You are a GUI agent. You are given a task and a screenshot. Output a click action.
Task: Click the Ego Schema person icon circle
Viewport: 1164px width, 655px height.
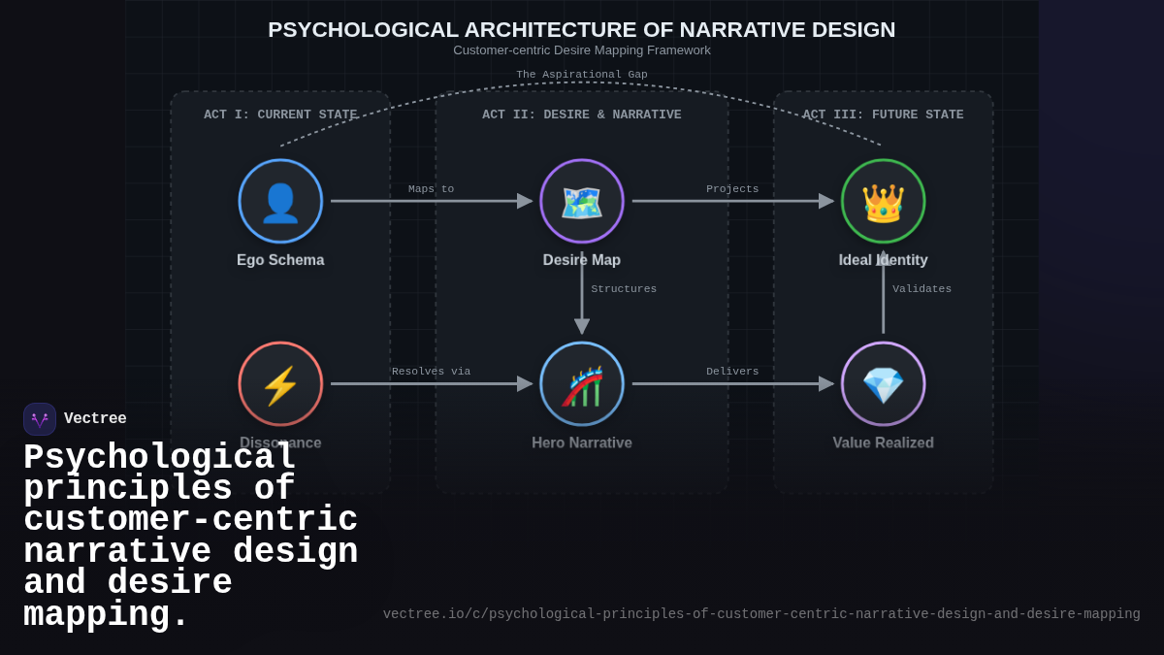280,201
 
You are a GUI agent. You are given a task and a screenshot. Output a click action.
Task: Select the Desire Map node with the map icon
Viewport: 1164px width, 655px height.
582,201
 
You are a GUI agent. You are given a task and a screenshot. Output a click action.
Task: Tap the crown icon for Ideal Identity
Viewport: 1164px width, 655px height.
883,201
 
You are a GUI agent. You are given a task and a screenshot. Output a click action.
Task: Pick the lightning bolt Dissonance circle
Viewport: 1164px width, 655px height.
280,383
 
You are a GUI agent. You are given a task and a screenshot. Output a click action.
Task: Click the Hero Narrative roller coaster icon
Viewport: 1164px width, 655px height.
582,383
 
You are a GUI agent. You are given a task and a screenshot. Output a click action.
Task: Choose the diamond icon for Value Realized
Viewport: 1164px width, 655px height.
883,383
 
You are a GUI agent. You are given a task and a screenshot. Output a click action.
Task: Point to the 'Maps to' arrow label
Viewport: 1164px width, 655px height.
431,189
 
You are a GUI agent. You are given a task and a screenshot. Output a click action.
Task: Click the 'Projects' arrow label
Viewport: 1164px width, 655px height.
732,189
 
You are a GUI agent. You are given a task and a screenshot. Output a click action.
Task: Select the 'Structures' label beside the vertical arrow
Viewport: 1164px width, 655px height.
624,289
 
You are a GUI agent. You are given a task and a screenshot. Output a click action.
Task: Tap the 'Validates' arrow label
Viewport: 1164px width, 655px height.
921,289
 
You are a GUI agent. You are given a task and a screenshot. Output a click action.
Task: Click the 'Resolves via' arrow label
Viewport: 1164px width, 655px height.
431,372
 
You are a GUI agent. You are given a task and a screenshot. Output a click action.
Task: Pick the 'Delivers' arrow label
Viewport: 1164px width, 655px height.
732,372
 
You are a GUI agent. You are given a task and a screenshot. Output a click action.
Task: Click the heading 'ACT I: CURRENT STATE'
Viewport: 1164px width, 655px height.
280,115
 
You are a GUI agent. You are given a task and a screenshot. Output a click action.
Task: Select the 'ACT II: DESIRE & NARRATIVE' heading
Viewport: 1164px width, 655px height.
582,115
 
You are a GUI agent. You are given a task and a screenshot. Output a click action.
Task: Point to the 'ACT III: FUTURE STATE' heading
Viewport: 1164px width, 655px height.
883,115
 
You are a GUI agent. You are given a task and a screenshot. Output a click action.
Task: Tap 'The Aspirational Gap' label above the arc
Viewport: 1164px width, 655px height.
582,75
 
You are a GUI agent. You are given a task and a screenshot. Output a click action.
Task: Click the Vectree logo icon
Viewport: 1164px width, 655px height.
40,419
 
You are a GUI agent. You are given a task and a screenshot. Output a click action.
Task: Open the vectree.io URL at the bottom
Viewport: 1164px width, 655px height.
761,614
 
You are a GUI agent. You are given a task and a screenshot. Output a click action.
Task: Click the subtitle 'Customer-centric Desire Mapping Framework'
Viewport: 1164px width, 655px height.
582,50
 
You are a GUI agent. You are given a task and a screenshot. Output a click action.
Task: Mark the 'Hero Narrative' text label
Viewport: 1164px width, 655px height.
582,442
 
